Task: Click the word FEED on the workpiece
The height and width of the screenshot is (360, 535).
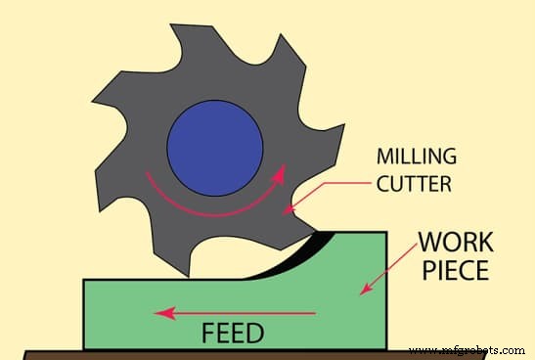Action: coord(232,333)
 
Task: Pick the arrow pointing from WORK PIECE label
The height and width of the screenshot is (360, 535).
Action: coord(385,277)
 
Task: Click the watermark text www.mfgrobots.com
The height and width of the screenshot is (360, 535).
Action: coord(468,348)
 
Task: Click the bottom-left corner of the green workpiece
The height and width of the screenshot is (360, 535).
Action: coord(85,347)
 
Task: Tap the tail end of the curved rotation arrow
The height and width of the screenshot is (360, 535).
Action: coord(147,175)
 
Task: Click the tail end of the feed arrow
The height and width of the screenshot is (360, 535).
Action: coord(315,313)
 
